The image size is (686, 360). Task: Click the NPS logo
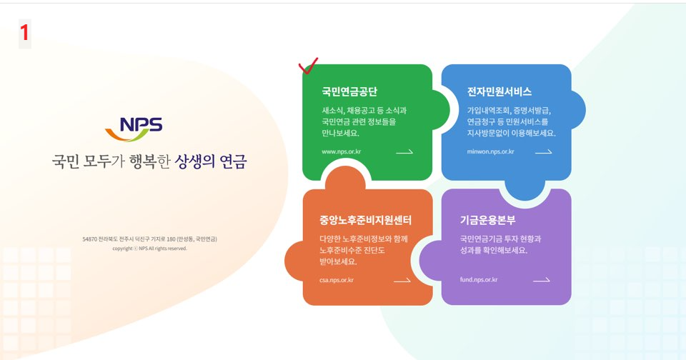point(134,128)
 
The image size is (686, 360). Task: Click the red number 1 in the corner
point(24,32)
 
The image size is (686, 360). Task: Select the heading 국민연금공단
point(349,92)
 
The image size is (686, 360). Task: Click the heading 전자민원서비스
point(499,92)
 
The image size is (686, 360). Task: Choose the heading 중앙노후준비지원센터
point(366,220)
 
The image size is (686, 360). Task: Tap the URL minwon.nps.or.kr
point(491,151)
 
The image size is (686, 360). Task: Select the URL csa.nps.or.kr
point(337,280)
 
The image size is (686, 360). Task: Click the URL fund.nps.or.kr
point(479,280)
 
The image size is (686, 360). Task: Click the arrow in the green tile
point(404,151)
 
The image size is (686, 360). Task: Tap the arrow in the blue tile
point(544,151)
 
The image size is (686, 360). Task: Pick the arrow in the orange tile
point(402,280)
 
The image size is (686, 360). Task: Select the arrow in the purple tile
point(542,280)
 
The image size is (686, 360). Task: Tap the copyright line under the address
point(149,249)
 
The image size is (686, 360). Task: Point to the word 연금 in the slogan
point(232,161)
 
